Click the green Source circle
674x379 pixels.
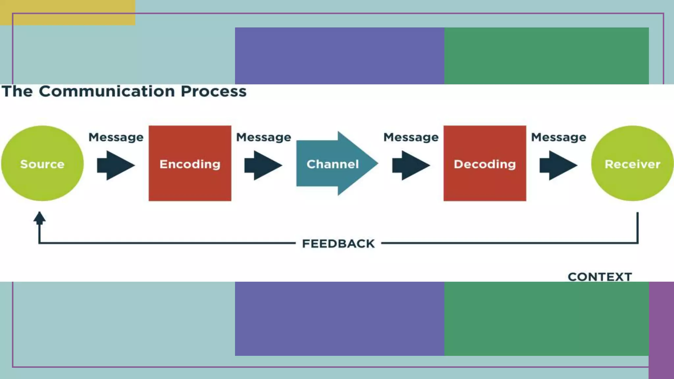click(x=42, y=164)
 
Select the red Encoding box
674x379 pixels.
click(x=190, y=164)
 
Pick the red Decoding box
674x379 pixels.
click(x=485, y=164)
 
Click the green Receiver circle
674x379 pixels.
click(x=632, y=164)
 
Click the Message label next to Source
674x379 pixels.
click(x=116, y=137)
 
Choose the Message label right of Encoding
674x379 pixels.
click(x=264, y=137)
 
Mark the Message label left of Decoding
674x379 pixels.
click(x=411, y=137)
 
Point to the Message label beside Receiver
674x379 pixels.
click(x=558, y=137)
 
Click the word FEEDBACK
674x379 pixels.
click(x=338, y=244)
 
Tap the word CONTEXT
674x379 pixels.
click(x=600, y=277)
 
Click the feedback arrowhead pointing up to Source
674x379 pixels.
click(x=39, y=218)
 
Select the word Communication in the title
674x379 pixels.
click(x=107, y=91)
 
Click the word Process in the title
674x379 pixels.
click(x=214, y=91)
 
